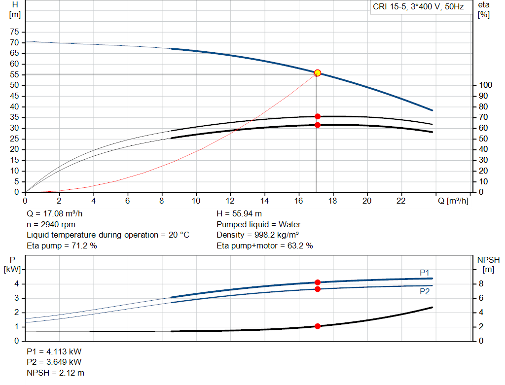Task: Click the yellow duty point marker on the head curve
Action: click(318, 73)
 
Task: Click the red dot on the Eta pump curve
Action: click(318, 116)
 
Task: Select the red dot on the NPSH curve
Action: click(318, 326)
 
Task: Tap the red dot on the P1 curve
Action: click(318, 282)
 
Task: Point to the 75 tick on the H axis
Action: click(14, 32)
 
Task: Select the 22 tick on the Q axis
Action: click(401, 201)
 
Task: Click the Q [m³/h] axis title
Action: click(453, 201)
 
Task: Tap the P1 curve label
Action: click(425, 273)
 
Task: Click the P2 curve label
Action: click(425, 291)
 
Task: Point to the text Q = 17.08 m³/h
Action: click(54, 214)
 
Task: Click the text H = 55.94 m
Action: click(239, 214)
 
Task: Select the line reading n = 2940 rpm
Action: click(51, 224)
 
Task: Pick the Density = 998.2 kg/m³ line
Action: click(258, 235)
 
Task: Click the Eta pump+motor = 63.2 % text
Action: click(265, 245)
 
